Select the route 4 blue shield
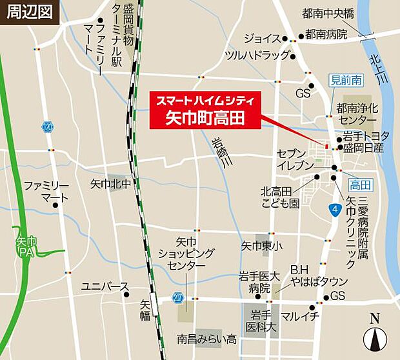click(x=334, y=210)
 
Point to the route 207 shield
click(x=177, y=297)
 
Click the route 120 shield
click(x=49, y=128)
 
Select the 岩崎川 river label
click(x=221, y=154)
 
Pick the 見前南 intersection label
click(x=347, y=81)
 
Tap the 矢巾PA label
click(x=26, y=246)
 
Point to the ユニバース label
click(x=105, y=286)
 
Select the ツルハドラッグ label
click(x=257, y=55)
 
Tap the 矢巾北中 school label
click(x=110, y=184)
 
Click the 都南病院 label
click(x=326, y=34)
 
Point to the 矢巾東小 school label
click(x=261, y=245)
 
